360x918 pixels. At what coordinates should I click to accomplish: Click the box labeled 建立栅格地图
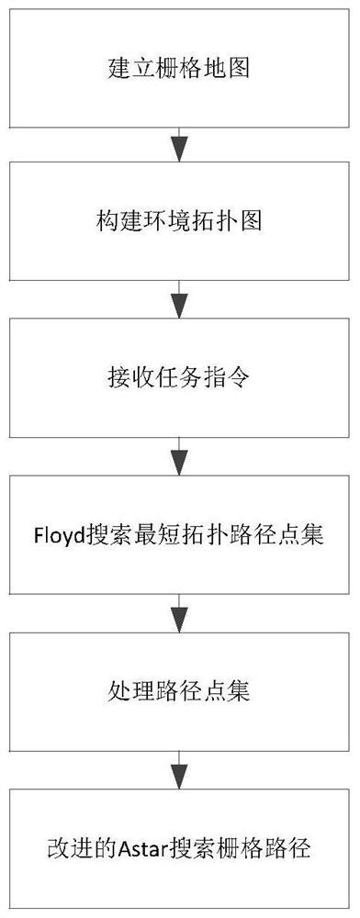(x=180, y=69)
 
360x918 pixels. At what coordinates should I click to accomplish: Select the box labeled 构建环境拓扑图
(x=180, y=223)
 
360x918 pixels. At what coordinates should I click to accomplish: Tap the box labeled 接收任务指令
(x=180, y=378)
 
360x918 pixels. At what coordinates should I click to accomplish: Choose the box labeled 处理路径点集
(x=180, y=688)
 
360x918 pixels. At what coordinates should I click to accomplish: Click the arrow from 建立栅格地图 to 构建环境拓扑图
(x=180, y=146)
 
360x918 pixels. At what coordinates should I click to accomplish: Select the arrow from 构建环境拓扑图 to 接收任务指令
(x=180, y=301)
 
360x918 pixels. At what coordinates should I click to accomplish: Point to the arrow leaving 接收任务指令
(x=180, y=456)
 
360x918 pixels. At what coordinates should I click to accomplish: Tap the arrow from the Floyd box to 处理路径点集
(x=180, y=611)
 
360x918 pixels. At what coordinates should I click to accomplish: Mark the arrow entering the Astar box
(x=180, y=768)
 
